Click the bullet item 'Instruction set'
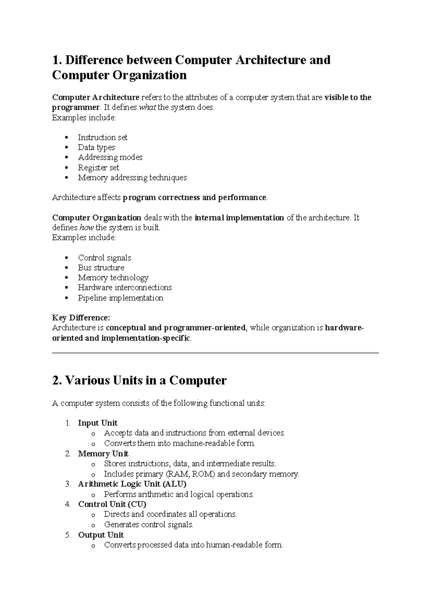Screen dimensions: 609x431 [102, 138]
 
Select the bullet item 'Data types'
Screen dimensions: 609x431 [96, 148]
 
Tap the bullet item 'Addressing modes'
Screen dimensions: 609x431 [110, 157]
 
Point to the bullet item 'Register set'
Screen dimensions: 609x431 [98, 168]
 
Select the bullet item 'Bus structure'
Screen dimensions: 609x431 [101, 268]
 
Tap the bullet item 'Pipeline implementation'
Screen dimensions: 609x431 [120, 298]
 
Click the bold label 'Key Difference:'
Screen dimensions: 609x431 [81, 318]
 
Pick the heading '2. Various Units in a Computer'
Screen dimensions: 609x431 [139, 380]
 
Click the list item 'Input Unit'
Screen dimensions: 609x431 [98, 423]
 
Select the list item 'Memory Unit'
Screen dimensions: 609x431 [103, 454]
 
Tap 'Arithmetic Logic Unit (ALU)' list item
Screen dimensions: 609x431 [132, 484]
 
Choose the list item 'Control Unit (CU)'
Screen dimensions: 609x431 [112, 504]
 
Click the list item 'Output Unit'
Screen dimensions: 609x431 [101, 535]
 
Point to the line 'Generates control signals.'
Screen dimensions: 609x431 [149, 525]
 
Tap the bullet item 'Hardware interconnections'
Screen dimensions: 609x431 [125, 288]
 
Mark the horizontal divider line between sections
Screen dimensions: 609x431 [215, 353]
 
